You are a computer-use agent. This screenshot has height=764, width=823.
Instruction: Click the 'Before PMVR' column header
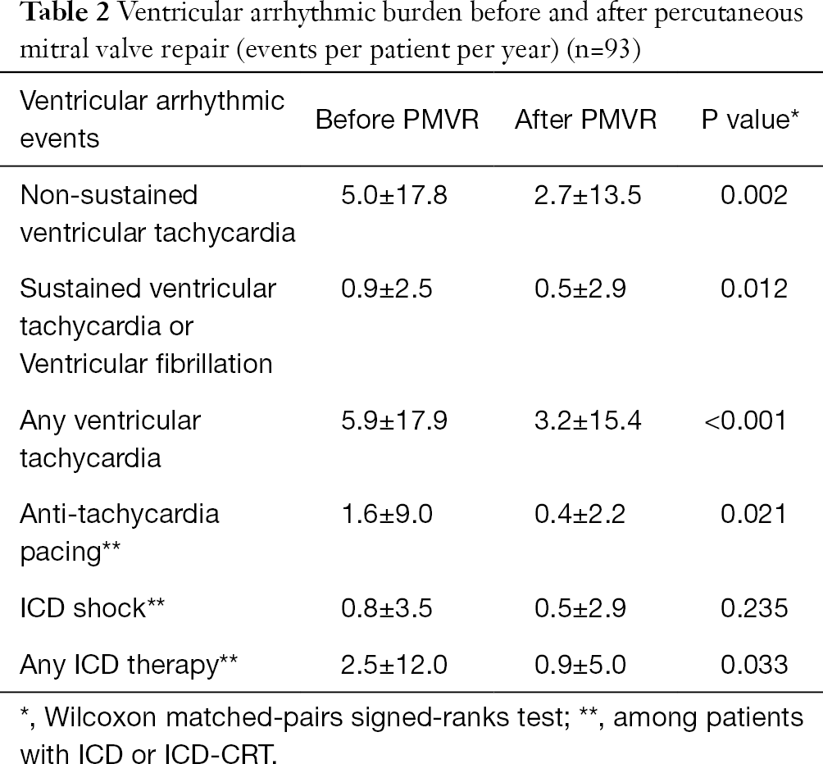[x=397, y=120]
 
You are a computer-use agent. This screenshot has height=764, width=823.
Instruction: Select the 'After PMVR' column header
[x=585, y=120]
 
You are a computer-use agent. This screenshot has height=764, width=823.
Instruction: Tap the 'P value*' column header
[x=750, y=120]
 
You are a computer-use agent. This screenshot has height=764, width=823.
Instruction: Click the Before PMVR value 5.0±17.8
[x=393, y=195]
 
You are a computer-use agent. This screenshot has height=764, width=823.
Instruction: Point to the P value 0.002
[x=753, y=195]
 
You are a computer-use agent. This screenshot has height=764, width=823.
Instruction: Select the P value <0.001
[x=744, y=421]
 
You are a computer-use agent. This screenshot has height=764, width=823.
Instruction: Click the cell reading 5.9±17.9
[x=393, y=421]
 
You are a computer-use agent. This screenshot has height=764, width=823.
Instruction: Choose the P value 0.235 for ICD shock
[x=753, y=607]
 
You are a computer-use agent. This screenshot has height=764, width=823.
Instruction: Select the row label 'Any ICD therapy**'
[x=129, y=664]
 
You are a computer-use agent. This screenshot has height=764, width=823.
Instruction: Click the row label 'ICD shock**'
[x=94, y=607]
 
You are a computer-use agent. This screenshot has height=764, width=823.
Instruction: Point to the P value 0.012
[x=753, y=289]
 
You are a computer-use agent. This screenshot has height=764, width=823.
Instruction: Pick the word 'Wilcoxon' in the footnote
[x=102, y=719]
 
